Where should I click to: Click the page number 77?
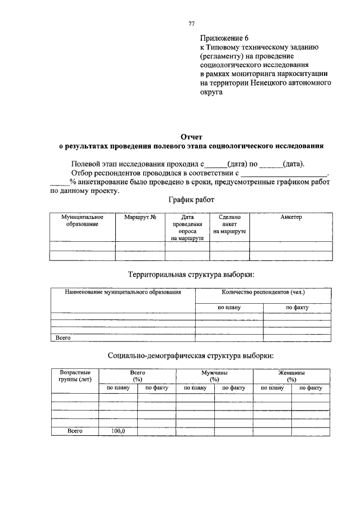click(191, 23)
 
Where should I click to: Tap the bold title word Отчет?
click(191, 137)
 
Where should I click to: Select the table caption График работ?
click(191, 200)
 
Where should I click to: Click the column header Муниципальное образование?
click(82, 220)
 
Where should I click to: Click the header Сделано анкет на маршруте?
click(229, 224)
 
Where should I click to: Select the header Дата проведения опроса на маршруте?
click(187, 228)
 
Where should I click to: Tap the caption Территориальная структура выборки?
click(191, 274)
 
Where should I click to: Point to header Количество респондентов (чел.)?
click(263, 293)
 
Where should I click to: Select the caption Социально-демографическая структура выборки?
click(191, 355)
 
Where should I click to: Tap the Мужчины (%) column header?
click(214, 376)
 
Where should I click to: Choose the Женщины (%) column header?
click(291, 376)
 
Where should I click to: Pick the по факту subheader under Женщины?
click(310, 388)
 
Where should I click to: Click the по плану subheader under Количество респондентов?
click(229, 308)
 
